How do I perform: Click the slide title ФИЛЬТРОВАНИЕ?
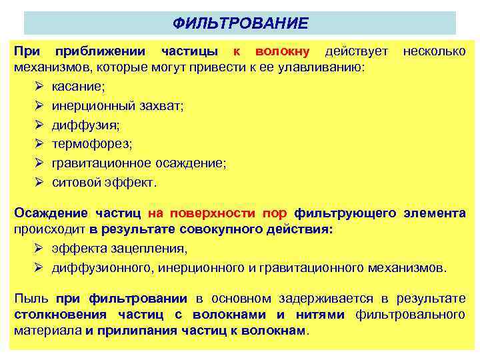click(240, 23)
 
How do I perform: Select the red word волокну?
click(282, 52)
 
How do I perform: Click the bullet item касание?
click(78, 87)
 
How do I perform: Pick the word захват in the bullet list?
click(161, 105)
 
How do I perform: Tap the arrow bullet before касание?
click(39, 87)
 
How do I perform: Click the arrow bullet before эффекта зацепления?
click(39, 249)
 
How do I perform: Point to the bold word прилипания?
click(136, 330)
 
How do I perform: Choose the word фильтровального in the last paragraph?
click(411, 314)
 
